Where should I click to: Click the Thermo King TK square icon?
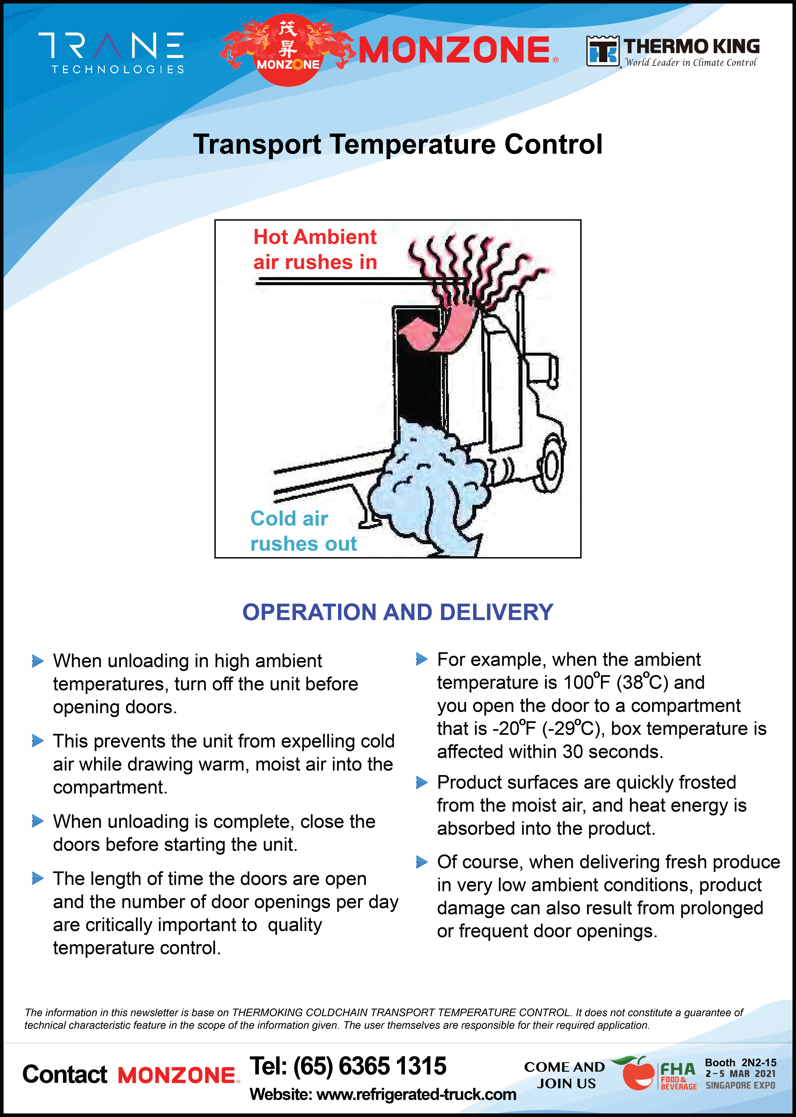(x=603, y=51)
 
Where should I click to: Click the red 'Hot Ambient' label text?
(x=315, y=237)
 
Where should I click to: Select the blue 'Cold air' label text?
(x=289, y=518)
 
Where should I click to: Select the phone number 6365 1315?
(x=392, y=1066)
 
